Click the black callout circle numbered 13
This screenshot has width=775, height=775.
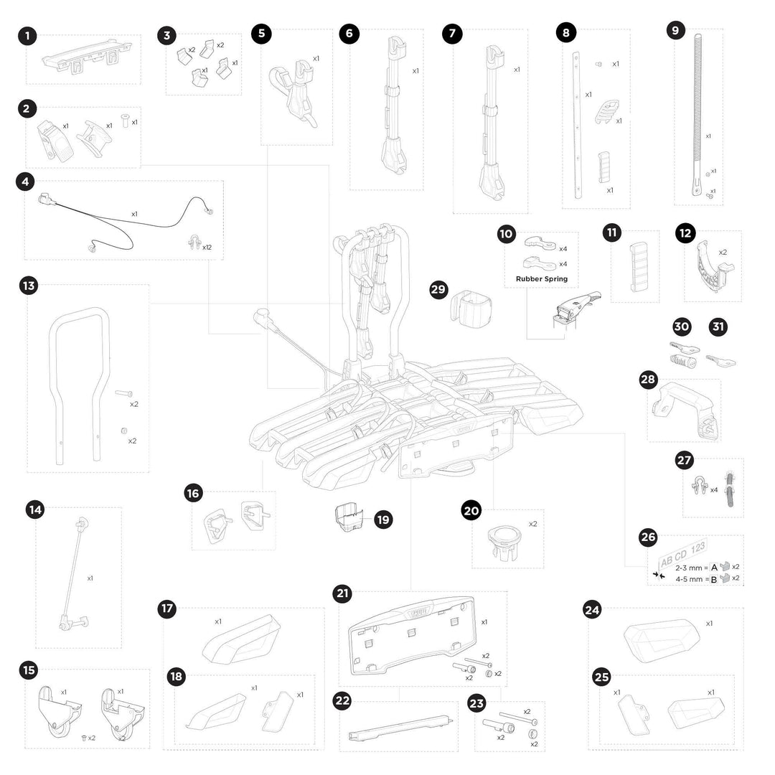click(x=29, y=286)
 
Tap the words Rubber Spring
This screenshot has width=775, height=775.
click(x=541, y=279)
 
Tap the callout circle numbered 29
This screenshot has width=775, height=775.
click(x=438, y=290)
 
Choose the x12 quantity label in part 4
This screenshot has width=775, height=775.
click(x=207, y=248)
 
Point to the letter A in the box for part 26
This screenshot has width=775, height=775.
click(x=714, y=566)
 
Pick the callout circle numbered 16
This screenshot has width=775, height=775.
click(x=192, y=494)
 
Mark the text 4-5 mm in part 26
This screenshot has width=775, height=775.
click(x=690, y=578)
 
